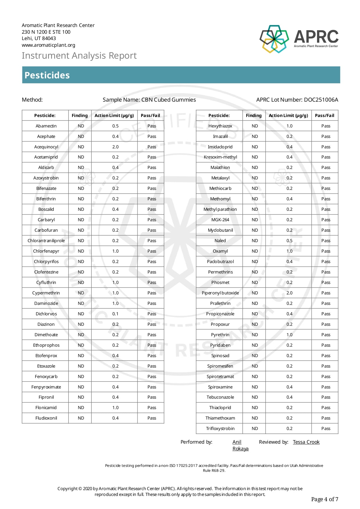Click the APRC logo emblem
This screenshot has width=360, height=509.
[274, 39]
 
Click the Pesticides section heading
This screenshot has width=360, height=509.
[47, 75]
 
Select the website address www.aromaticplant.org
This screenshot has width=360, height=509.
[48, 45]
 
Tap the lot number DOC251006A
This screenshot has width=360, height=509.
[321, 100]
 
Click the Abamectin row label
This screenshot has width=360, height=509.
[46, 126]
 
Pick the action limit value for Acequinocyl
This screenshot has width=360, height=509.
[115, 147]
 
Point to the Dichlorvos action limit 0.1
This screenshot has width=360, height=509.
[115, 314]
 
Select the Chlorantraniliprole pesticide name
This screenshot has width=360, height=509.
[46, 241]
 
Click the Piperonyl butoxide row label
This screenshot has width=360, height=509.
[220, 293]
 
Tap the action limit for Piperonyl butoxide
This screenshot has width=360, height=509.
[289, 293]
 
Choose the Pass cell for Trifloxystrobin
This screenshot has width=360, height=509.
[326, 429]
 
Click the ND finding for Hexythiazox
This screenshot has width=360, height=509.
[255, 126]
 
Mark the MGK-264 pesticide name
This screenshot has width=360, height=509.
[220, 220]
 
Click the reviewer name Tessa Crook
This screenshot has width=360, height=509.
[306, 442]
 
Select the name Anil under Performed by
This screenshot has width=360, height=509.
[237, 442]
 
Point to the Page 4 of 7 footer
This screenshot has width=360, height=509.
[325, 499]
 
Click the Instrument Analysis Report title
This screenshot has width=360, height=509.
[79, 55]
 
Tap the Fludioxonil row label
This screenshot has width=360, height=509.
[46, 418]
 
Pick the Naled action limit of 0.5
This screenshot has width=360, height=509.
[289, 241]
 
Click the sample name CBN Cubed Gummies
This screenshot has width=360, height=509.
[168, 100]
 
